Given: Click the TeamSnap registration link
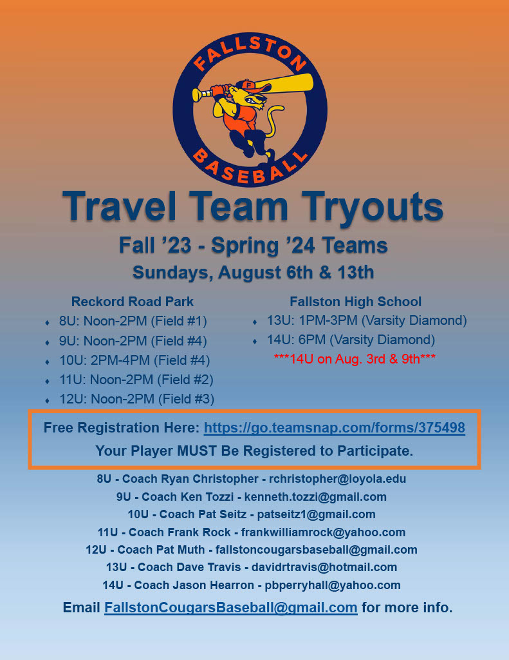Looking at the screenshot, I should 334,428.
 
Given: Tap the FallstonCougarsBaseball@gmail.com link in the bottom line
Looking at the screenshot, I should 230,607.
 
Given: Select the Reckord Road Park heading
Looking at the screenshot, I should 133,302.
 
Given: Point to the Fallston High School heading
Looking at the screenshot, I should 355,302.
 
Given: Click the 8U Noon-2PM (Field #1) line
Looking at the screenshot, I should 133,321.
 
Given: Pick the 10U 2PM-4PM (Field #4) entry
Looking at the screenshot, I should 134,360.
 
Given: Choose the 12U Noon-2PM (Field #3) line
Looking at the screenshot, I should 136,399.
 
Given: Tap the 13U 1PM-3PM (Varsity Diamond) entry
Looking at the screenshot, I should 367,320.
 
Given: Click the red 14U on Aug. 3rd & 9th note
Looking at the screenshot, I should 355,358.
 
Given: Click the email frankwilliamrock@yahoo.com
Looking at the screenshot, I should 323,532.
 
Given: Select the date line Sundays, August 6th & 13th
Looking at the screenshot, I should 254,273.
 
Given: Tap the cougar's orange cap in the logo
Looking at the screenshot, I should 245,86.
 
